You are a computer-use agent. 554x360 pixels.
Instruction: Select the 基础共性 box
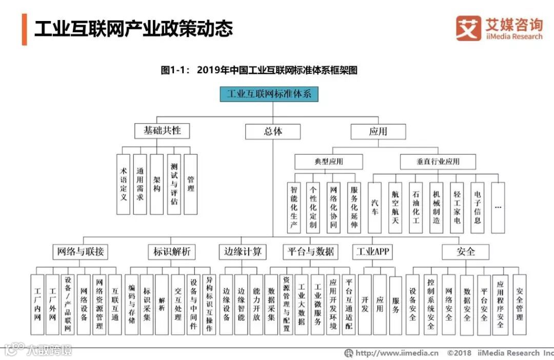pyautogui.click(x=162, y=131)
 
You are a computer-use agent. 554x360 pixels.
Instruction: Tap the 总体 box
pyautogui.click(x=272, y=131)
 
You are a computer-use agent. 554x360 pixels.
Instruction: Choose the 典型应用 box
pyautogui.click(x=328, y=162)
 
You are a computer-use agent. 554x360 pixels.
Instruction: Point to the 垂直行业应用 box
pyautogui.click(x=438, y=162)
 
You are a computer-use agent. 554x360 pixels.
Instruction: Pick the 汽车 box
pyautogui.click(x=375, y=207)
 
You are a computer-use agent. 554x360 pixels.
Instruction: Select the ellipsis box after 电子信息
pyautogui.click(x=498, y=207)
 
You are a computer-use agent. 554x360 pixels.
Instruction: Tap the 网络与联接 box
pyautogui.click(x=81, y=252)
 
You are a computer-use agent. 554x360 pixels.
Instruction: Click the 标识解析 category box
pyautogui.click(x=171, y=252)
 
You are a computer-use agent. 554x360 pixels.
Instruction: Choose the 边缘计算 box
pyautogui.click(x=242, y=252)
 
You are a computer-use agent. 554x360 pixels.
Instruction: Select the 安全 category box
pyautogui.click(x=465, y=252)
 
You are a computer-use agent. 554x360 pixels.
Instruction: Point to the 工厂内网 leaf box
pyautogui.click(x=37, y=304)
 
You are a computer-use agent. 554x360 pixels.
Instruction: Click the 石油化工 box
pyautogui.click(x=415, y=207)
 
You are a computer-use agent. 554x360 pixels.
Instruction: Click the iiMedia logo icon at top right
pyautogui.click(x=468, y=28)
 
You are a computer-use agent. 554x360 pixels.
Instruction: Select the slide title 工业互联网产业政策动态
pyautogui.click(x=133, y=29)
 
